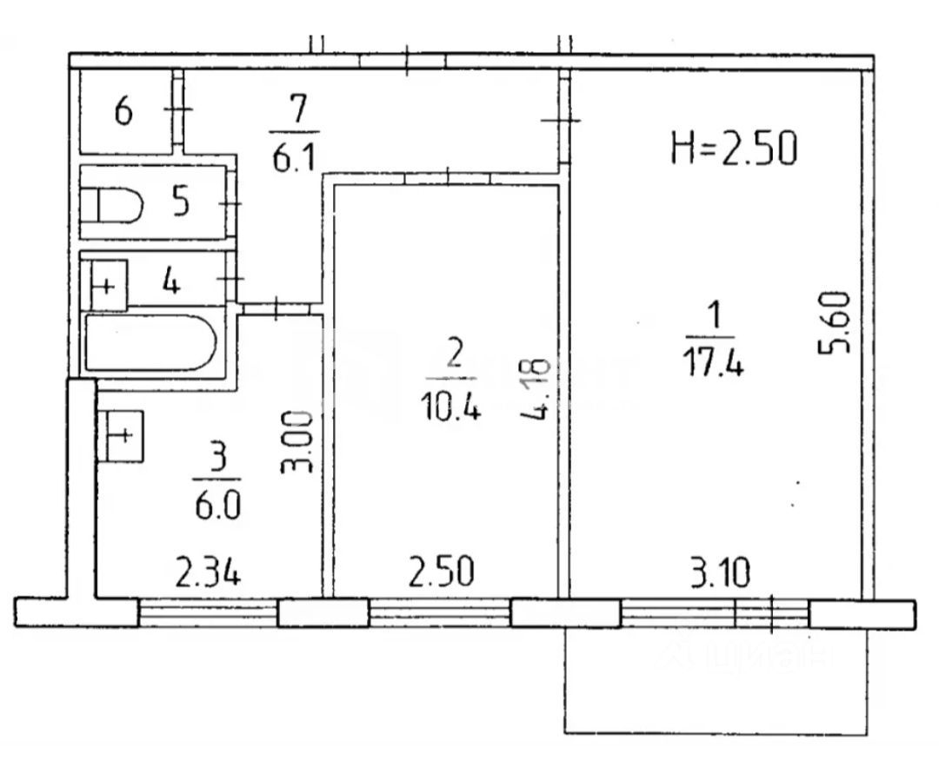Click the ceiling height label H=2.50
coord(734,149)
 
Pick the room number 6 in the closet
coord(123,112)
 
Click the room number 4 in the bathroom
coord(172,282)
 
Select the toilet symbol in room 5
coord(113,207)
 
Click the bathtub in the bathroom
coord(150,342)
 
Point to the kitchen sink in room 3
coord(122,435)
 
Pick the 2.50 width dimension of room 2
coord(443,573)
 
